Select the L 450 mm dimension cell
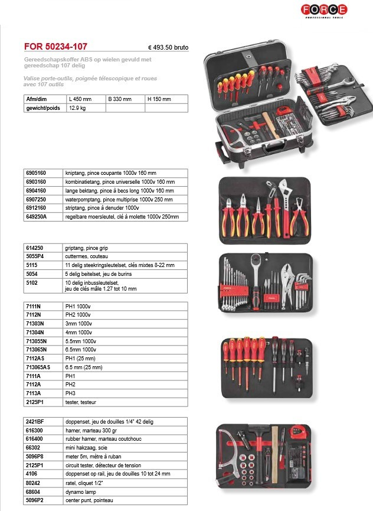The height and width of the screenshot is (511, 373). click(81, 99)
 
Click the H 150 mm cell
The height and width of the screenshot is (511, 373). click(159, 99)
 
